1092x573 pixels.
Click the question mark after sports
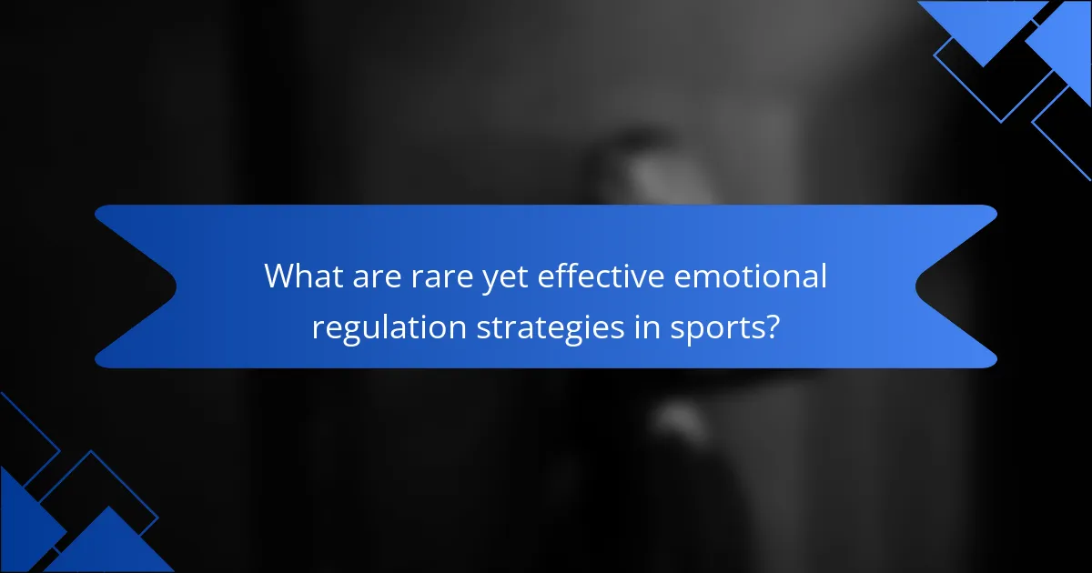(x=771, y=326)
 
